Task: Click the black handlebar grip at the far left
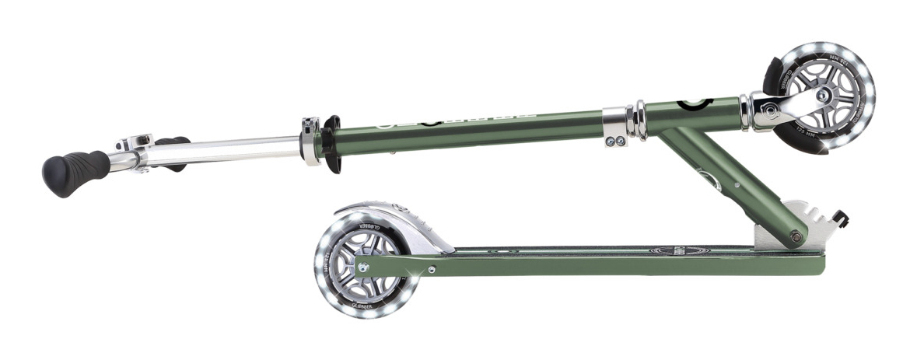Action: click(75, 170)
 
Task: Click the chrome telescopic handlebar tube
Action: click(233, 149)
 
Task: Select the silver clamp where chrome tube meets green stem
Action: click(311, 140)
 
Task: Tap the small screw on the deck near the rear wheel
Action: click(433, 269)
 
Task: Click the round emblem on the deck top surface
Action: click(668, 250)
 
